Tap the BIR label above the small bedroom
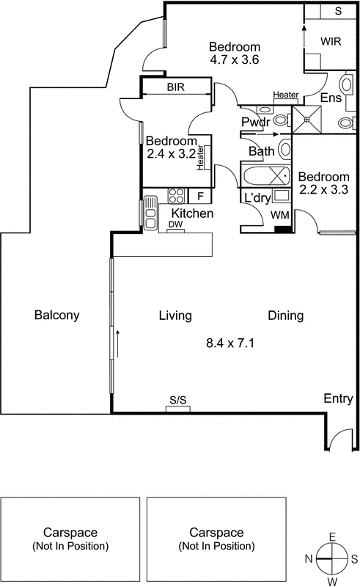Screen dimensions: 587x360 175,87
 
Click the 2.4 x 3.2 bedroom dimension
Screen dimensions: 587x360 172,154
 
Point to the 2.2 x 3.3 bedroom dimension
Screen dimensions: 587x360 323,190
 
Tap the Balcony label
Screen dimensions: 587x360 56,316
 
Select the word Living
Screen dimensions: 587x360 175,316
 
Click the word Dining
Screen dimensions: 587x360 285,316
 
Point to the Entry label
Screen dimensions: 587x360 338,398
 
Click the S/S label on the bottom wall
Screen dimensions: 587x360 178,400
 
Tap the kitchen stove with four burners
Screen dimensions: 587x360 177,196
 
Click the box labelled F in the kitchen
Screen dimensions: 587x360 199,196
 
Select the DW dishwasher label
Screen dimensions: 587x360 175,225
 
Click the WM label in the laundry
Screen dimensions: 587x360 279,215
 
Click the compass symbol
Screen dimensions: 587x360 333,559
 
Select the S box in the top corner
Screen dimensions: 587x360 338,12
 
